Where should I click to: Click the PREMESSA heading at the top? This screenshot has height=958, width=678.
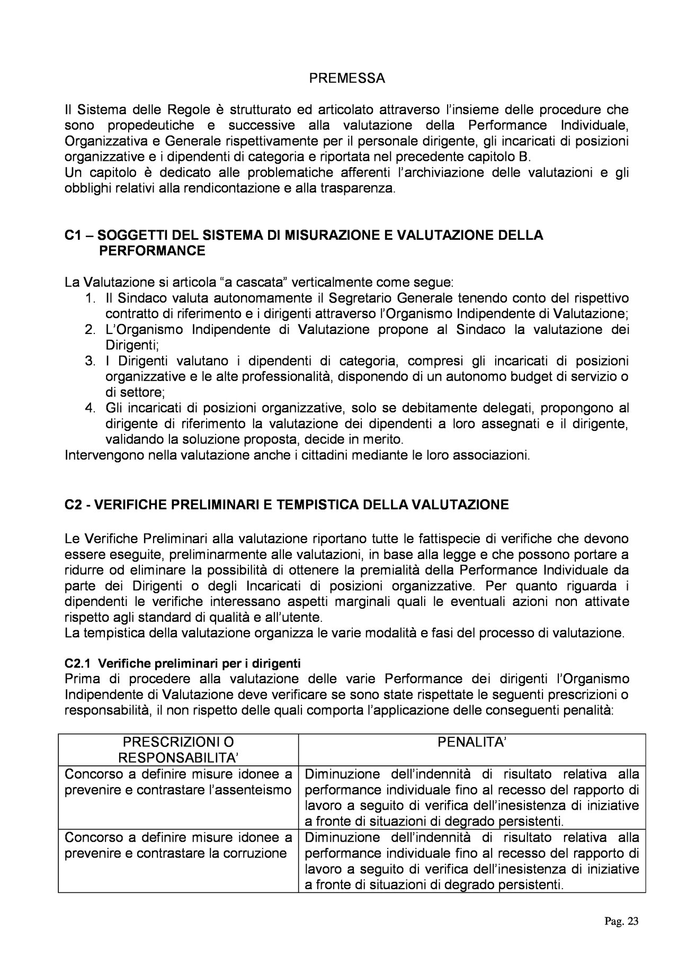click(x=347, y=79)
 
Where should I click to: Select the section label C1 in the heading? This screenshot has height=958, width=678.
click(x=72, y=235)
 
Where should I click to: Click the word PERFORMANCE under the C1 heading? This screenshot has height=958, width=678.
click(x=152, y=250)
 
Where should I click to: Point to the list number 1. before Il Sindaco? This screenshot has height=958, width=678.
click(x=90, y=298)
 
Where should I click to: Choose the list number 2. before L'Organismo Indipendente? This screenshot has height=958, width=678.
click(x=90, y=330)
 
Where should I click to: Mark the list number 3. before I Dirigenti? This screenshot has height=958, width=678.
click(x=90, y=361)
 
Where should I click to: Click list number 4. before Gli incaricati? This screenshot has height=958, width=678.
click(x=90, y=408)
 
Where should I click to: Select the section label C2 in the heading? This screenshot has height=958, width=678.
click(x=72, y=504)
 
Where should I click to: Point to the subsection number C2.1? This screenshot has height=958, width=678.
click(x=78, y=663)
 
